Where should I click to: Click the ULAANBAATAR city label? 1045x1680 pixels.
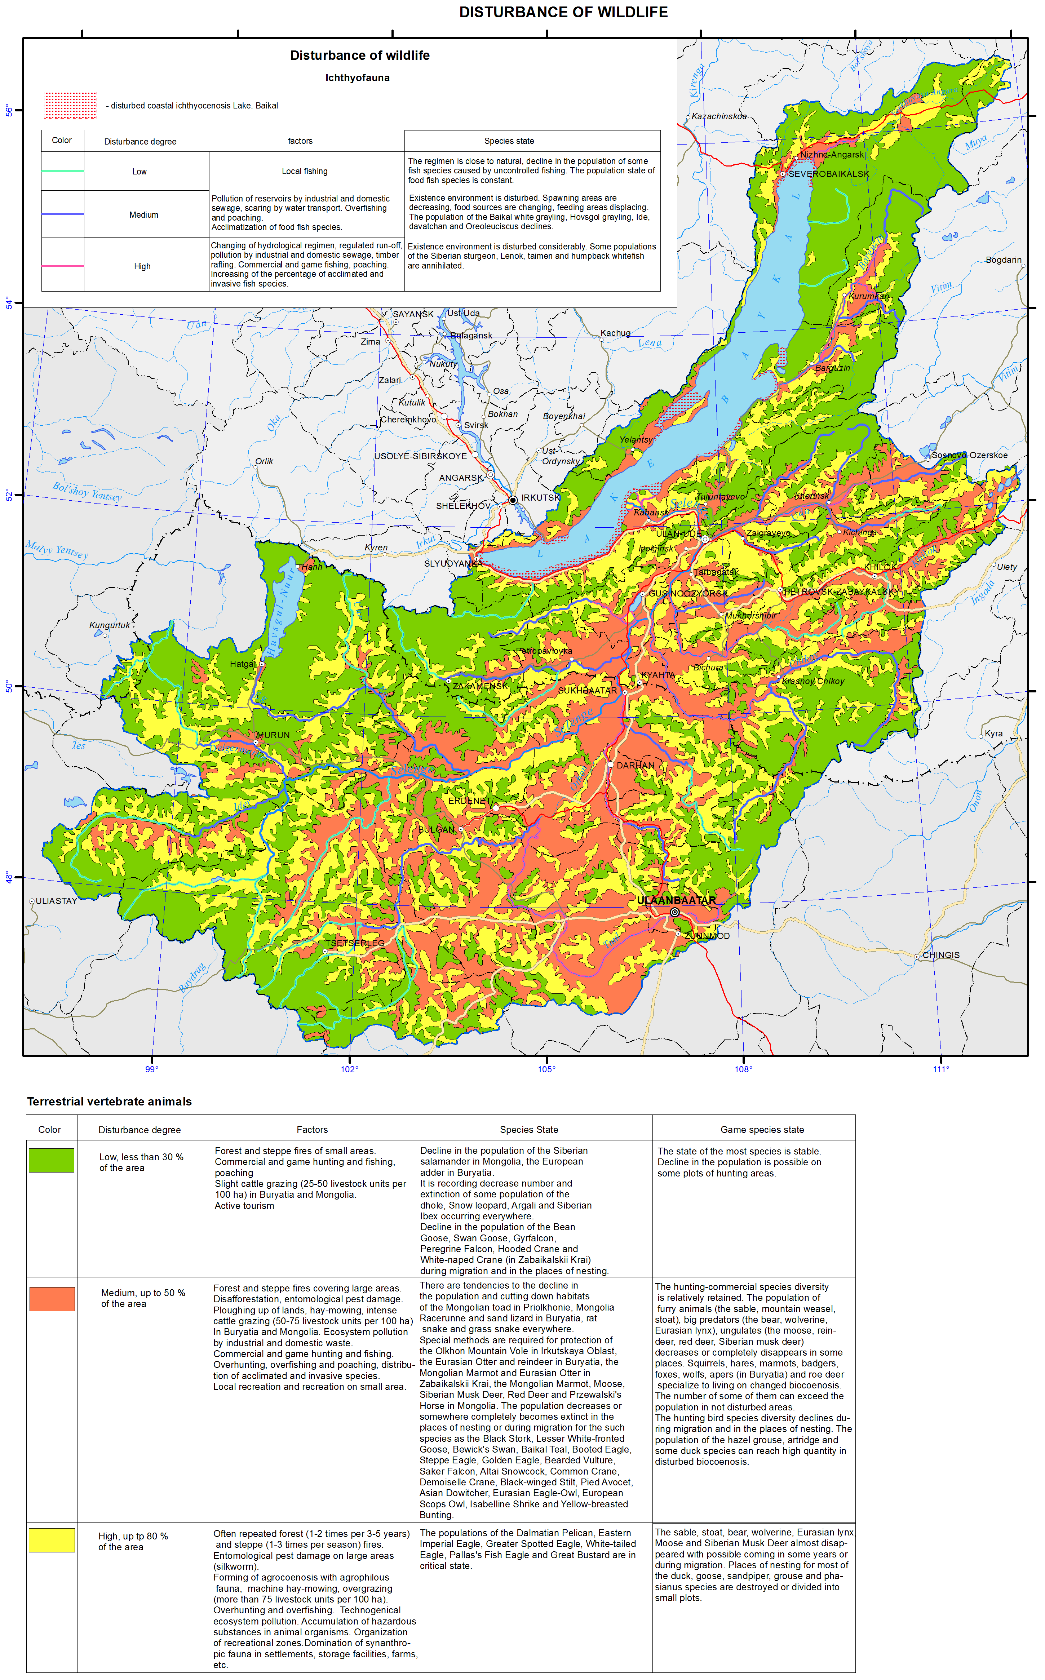(676, 900)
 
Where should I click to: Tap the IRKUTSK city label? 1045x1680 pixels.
(540, 497)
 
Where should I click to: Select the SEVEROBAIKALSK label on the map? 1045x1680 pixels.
(829, 174)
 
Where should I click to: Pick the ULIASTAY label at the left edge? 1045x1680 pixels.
(56, 901)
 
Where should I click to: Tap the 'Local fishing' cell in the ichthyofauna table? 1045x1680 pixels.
(305, 171)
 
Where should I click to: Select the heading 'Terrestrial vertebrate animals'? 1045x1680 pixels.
(109, 1101)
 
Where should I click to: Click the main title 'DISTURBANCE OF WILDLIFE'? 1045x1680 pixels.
(563, 13)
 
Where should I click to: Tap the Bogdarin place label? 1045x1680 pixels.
(1003, 260)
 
